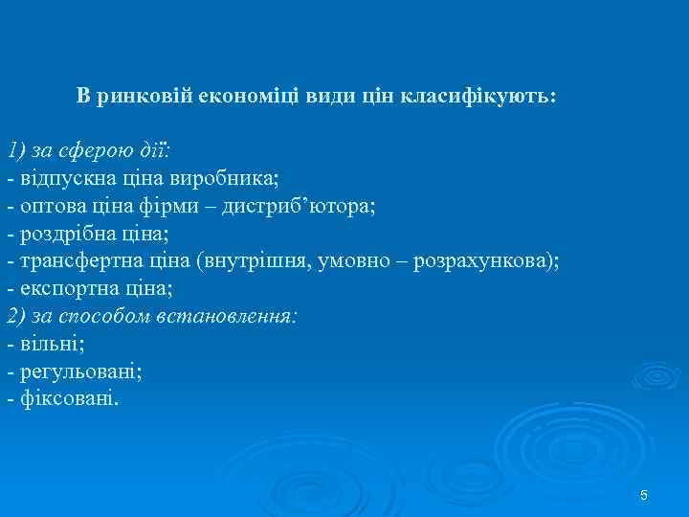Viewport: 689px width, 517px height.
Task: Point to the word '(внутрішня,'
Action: (250, 261)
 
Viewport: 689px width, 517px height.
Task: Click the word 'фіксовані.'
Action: (68, 398)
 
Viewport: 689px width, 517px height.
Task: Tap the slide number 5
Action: (644, 495)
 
